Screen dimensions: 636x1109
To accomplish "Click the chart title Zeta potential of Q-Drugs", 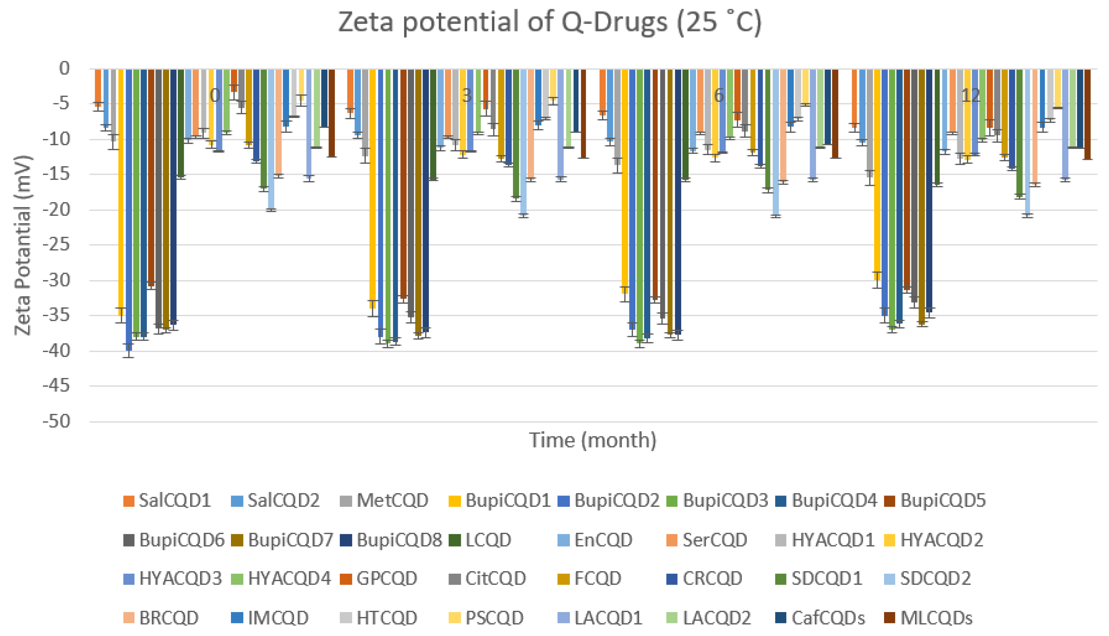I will [x=550, y=22].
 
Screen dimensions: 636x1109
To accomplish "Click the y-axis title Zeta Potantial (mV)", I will [x=23, y=245].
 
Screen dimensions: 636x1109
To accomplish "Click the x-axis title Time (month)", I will [x=593, y=440].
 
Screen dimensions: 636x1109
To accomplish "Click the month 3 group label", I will [x=467, y=95].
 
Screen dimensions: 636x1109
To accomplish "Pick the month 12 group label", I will [x=971, y=95].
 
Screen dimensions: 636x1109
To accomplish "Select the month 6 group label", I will [x=719, y=95].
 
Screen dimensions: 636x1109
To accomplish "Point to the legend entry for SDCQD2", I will [x=927, y=579].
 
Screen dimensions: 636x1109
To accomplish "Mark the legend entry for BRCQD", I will [x=161, y=618].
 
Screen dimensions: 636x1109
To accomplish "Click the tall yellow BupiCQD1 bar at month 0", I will [x=121, y=192].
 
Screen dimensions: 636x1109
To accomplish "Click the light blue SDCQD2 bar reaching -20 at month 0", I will [x=271, y=140].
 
